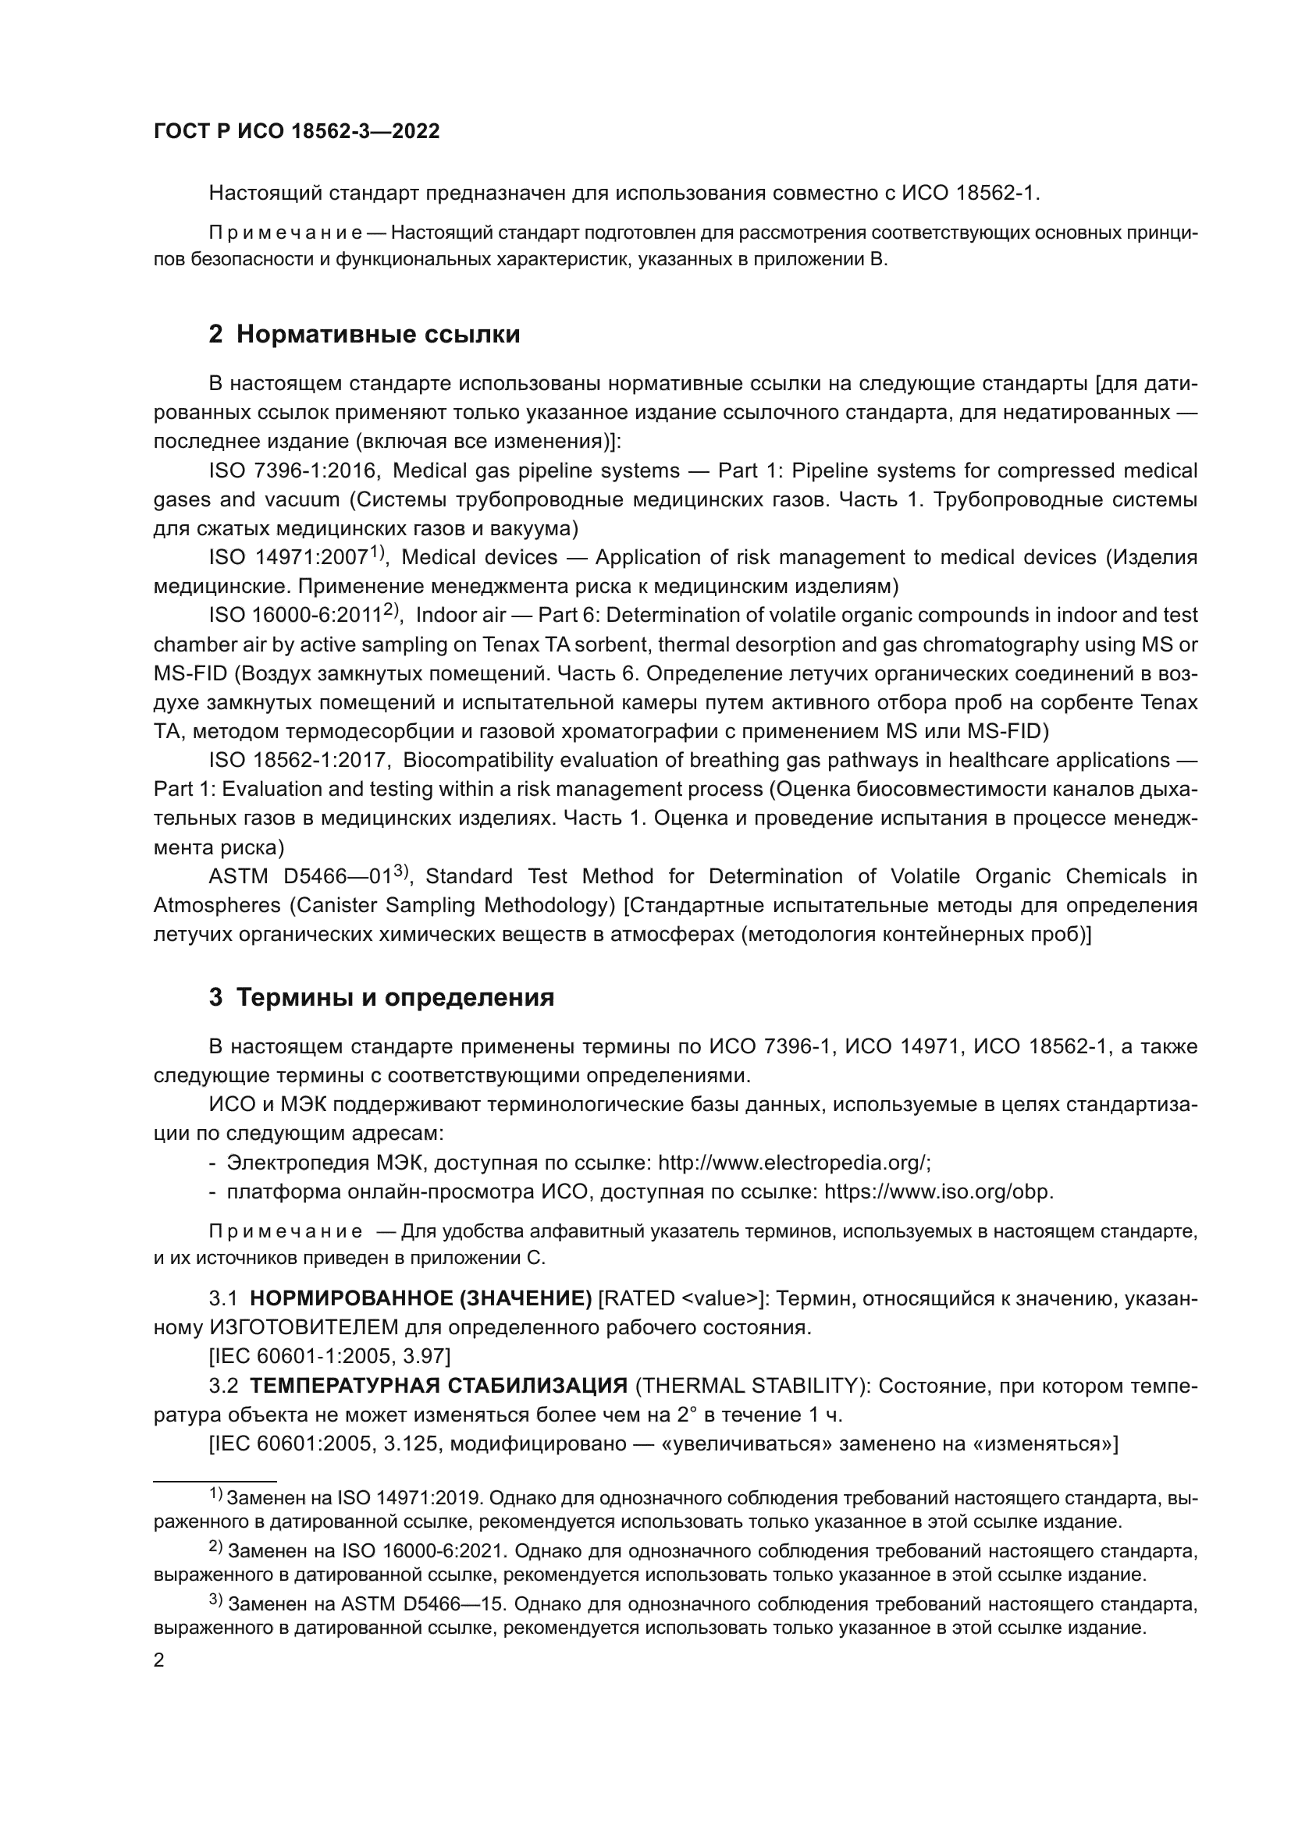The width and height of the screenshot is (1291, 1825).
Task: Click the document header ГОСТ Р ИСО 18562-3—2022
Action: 296,132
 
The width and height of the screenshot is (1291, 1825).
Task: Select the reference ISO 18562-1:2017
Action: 299,761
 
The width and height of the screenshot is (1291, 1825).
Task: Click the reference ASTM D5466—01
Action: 301,877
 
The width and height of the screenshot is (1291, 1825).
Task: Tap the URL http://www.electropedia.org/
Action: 792,1163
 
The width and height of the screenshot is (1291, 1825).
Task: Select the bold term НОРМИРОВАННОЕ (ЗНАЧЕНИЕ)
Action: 421,1299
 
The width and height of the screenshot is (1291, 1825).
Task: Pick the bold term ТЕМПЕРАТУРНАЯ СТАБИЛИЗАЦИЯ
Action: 439,1387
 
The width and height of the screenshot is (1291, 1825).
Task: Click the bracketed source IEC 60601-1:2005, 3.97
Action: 329,1356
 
